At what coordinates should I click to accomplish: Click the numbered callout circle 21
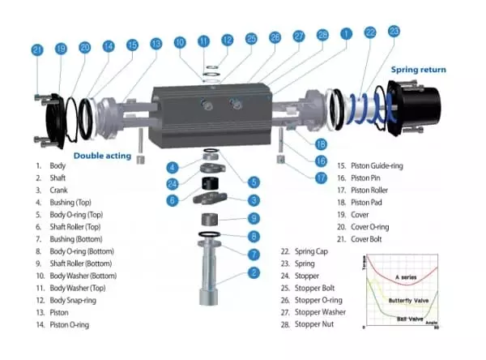37,50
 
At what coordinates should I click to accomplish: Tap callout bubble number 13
156,42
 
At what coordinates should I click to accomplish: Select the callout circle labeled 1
347,35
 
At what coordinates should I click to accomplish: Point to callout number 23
394,31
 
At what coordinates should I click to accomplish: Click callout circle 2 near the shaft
254,273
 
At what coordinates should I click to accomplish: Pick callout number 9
254,217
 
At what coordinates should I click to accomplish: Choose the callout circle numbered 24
172,183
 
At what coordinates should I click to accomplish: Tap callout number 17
321,177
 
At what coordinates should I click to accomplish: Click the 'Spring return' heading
418,70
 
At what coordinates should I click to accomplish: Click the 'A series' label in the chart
406,277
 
